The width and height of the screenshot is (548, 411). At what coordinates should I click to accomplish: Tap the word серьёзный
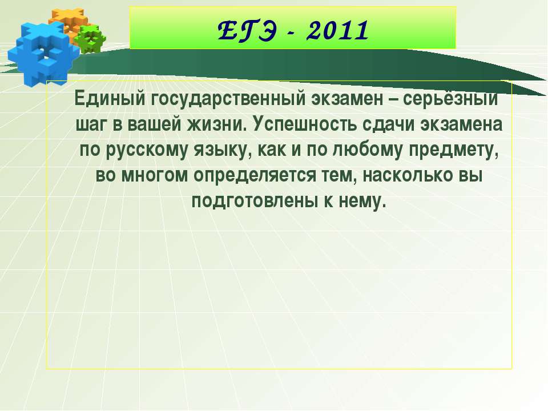452,99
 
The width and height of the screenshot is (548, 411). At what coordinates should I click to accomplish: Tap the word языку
223,150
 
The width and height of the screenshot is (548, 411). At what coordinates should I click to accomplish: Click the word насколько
400,176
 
